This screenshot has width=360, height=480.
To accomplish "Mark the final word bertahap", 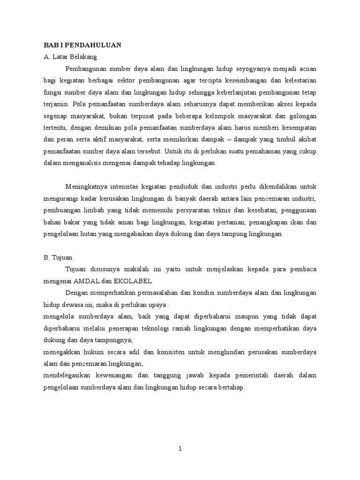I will coord(231,388).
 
